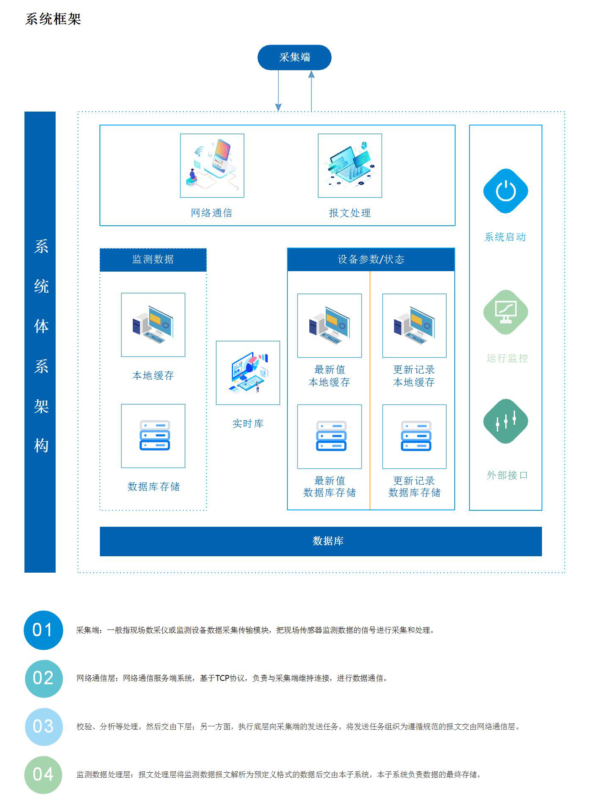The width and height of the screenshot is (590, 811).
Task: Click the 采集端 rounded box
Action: coord(294,57)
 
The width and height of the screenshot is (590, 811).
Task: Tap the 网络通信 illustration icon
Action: coord(212,165)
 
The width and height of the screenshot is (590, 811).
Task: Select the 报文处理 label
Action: coord(349,213)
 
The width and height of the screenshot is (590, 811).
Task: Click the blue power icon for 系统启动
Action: coord(505,191)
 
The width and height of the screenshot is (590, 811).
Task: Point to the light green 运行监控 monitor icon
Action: coord(505,312)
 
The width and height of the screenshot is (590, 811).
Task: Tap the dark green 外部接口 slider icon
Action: coord(505,421)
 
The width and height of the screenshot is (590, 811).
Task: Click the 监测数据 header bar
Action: coord(153,259)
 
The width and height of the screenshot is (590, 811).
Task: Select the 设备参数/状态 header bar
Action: coord(371,259)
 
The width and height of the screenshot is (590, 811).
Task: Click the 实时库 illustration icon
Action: coord(248,373)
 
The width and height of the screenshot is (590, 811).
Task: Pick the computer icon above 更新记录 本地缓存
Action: coord(414,325)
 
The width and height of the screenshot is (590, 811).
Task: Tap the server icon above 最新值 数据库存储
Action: coord(330,436)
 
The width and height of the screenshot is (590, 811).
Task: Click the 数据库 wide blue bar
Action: coord(321,541)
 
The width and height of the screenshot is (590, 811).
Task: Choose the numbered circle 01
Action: coord(43,630)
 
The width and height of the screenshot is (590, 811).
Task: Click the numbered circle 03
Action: coord(43,726)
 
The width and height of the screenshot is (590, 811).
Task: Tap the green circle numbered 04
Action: coord(43,774)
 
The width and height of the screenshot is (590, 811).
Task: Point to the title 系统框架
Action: coord(53,19)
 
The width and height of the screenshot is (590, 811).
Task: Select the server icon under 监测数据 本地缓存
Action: coord(153,436)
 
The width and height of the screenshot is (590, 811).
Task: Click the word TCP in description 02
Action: coord(222,678)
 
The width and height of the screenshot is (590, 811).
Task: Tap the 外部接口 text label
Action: coord(507,475)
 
